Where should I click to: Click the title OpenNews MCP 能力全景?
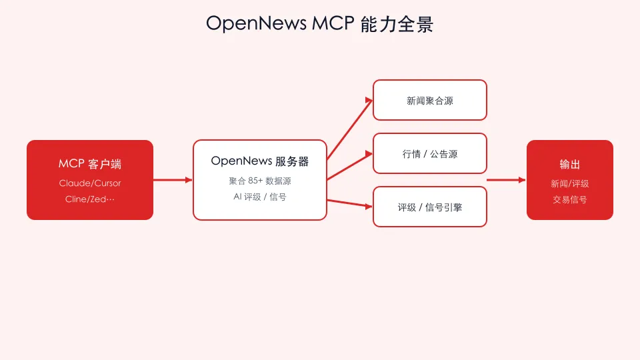click(x=319, y=24)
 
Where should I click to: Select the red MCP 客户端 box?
click(x=90, y=180)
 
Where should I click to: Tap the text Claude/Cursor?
click(x=90, y=183)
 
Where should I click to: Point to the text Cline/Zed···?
click(x=90, y=199)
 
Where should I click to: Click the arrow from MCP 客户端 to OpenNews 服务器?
click(x=173, y=180)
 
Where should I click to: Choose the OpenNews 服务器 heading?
click(x=259, y=161)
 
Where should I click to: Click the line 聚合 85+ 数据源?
click(x=259, y=181)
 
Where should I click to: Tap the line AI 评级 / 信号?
click(x=259, y=197)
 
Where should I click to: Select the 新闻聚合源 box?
click(x=430, y=100)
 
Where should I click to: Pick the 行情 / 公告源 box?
click(x=430, y=153)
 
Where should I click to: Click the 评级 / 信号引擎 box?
click(x=430, y=207)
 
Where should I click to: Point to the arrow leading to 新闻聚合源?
click(x=350, y=129)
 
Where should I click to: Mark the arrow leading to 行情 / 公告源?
click(x=350, y=166)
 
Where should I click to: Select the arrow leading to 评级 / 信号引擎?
click(x=350, y=204)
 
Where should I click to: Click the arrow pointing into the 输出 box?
click(x=506, y=180)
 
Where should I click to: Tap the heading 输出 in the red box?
click(x=570, y=165)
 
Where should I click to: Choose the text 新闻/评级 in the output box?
click(x=570, y=184)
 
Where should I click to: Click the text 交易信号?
click(x=570, y=199)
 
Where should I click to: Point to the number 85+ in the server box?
click(x=255, y=181)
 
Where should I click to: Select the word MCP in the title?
click(x=333, y=23)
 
